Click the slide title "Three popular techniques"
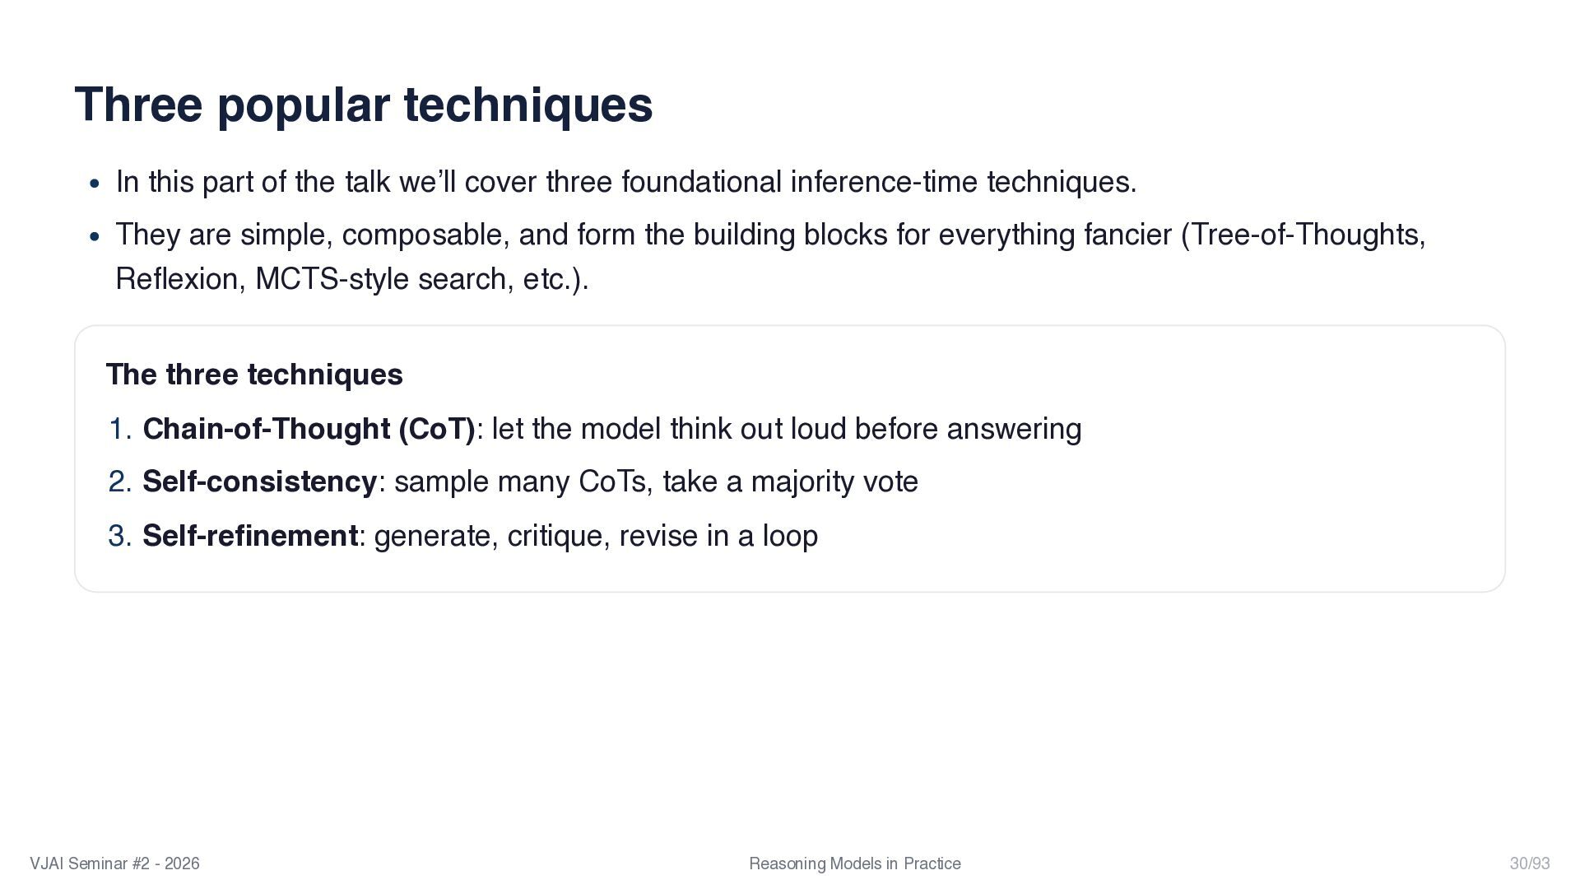point(364,106)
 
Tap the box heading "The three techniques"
point(254,375)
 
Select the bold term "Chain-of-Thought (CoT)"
point(309,430)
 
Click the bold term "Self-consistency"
point(260,482)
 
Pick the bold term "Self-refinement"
point(250,536)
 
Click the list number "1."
point(120,430)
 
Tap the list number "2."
point(120,482)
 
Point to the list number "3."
point(120,536)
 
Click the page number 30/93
point(1530,863)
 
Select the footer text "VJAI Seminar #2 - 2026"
point(114,863)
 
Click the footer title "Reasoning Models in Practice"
point(855,863)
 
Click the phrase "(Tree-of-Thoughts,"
point(1303,235)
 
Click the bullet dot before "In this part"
point(95,184)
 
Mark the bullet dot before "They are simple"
point(95,237)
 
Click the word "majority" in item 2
point(802,482)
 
